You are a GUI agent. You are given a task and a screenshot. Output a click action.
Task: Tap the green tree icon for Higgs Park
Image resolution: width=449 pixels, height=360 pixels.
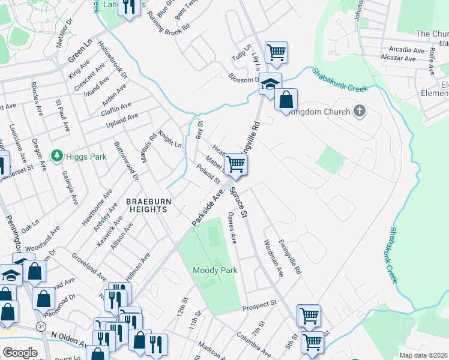click(57, 157)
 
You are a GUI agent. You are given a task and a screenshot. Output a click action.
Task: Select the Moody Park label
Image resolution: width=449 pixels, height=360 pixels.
click(215, 270)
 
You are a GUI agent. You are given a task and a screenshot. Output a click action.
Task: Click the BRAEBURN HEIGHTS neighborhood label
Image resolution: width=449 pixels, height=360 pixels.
click(147, 205)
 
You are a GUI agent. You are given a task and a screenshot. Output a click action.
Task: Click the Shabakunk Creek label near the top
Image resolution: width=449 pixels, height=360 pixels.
click(339, 80)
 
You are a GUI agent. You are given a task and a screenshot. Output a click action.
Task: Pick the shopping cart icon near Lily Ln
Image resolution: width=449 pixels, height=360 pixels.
click(276, 53)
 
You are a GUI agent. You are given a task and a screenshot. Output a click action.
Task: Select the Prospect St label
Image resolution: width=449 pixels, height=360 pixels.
click(259, 306)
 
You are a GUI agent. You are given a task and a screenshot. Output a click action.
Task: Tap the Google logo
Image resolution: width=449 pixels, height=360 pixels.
click(20, 353)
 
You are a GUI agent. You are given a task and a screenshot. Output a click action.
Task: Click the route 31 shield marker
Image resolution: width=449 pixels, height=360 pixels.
click(40, 325)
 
